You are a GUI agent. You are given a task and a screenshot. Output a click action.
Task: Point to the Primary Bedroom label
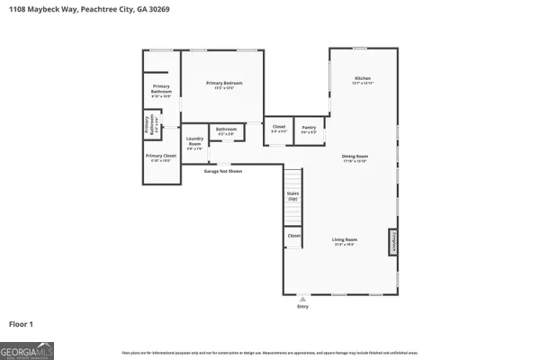click(225, 84)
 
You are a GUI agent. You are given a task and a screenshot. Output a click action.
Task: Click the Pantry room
click(309, 130)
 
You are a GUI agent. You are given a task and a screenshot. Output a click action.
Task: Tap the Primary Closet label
click(162, 157)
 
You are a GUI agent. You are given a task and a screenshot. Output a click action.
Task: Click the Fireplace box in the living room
click(393, 241)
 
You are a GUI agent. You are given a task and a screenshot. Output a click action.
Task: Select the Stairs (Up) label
click(293, 195)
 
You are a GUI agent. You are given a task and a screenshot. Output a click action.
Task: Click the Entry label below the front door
click(301, 307)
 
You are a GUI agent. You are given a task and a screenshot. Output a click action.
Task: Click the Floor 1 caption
click(22, 322)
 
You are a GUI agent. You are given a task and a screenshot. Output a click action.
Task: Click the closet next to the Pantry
click(278, 130)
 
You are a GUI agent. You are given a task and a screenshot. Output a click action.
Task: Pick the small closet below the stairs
click(293, 236)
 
